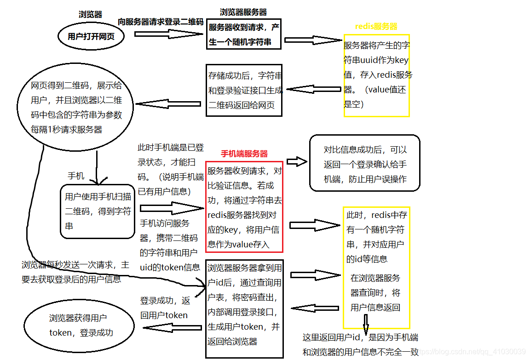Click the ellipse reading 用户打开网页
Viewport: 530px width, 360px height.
[x=91, y=37]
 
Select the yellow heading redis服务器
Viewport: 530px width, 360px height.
[x=376, y=27]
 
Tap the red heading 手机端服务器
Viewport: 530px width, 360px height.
[x=244, y=154]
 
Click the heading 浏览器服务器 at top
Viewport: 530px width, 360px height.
[x=243, y=12]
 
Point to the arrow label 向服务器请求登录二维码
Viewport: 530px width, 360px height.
[x=161, y=22]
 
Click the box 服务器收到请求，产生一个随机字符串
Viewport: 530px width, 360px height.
[x=243, y=34]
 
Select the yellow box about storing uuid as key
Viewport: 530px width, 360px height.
[x=376, y=75]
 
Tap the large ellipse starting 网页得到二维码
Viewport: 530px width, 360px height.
[x=76, y=107]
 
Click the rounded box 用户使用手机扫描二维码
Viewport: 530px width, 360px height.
[x=97, y=211]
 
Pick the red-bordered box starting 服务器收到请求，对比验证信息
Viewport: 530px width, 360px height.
[x=244, y=207]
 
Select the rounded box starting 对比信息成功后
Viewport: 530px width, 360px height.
[x=364, y=163]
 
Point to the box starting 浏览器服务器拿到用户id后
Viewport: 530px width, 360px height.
[x=244, y=311]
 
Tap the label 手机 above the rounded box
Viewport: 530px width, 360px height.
[x=76, y=176]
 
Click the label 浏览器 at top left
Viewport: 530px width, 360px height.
[x=91, y=14]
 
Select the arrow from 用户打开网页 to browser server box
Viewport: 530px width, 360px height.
[x=163, y=34]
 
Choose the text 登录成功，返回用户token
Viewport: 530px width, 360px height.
[x=165, y=308]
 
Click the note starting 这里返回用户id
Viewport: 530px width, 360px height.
[x=361, y=344]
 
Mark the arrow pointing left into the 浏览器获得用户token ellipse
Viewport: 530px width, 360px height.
[x=173, y=328]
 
